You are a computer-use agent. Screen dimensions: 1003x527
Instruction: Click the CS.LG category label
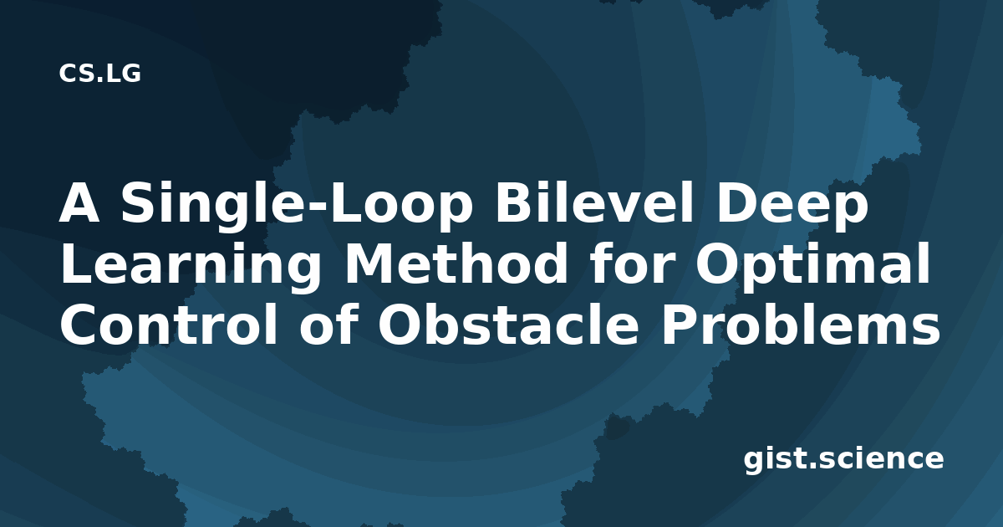point(99,74)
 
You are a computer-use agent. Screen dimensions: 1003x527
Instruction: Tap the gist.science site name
point(843,460)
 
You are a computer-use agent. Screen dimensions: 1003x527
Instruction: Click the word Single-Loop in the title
point(297,205)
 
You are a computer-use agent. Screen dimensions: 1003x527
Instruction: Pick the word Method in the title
point(456,265)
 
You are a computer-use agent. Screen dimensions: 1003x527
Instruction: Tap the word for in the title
point(630,265)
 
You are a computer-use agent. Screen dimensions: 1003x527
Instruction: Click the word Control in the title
point(168,325)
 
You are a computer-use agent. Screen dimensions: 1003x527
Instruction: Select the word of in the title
point(328,325)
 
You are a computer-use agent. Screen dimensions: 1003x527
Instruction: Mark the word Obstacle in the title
point(508,325)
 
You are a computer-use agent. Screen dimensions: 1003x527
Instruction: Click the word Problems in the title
point(801,325)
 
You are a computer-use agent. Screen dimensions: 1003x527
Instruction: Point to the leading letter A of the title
point(79,204)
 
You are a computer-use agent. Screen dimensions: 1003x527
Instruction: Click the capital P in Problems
point(678,326)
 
